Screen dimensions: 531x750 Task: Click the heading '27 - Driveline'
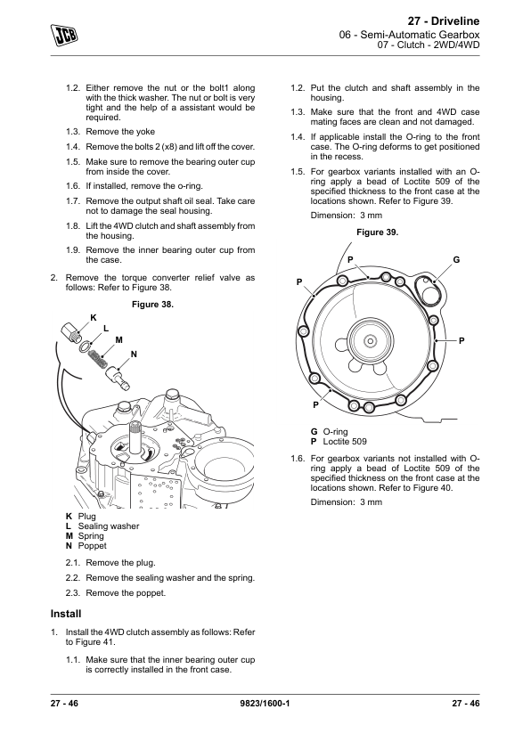coord(444,21)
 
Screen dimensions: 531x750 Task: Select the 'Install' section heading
coord(66,614)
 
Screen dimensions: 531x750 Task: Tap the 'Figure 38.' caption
coord(152,305)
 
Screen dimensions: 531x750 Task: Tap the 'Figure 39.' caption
coord(378,232)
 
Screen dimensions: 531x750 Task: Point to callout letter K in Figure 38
coord(94,318)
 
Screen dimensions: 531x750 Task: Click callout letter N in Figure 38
coord(134,355)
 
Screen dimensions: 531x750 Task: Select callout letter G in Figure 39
coord(456,260)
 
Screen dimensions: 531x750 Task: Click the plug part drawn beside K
coord(72,332)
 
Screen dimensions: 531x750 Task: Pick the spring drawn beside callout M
coord(98,357)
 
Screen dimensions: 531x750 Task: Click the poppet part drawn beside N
coord(118,376)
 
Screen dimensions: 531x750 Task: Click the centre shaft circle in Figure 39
coord(370,340)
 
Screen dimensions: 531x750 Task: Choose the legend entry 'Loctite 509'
coord(345,442)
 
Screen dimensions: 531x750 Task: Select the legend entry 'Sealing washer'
coord(109,526)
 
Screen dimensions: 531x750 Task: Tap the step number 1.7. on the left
coord(73,201)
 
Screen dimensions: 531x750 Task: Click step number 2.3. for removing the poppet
coord(73,593)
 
